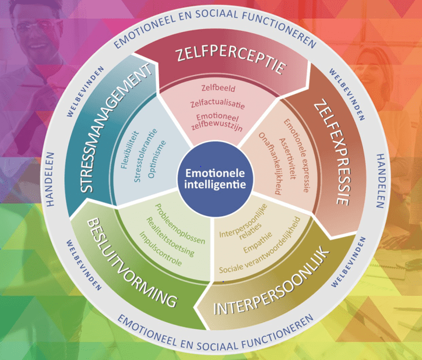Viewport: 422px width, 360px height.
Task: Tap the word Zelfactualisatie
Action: pyautogui.click(x=216, y=104)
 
